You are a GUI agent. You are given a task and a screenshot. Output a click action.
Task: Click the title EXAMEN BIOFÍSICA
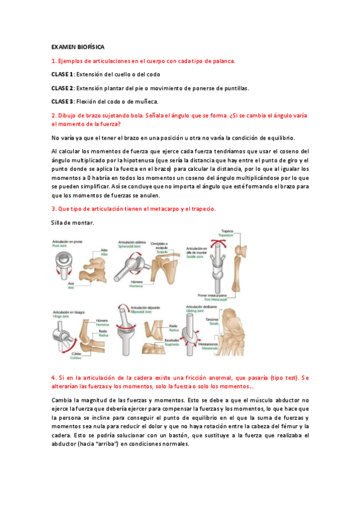point(78,46)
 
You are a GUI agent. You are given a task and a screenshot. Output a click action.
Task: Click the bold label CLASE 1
point(62,74)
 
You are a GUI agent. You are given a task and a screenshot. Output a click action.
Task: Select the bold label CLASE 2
point(62,88)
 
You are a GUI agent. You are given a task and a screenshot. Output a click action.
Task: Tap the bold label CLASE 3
point(62,102)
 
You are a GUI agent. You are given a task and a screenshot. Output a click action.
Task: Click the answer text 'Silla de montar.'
point(73,223)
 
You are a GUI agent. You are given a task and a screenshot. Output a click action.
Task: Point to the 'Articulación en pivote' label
point(67,239)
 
